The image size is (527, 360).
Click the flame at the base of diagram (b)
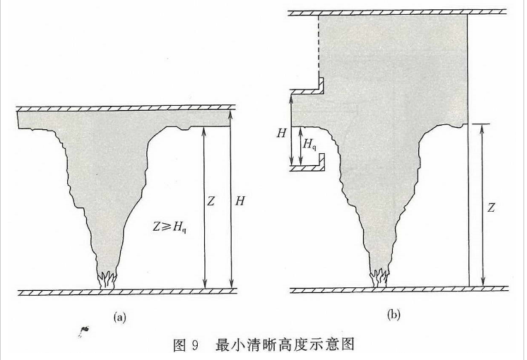[x=380, y=277]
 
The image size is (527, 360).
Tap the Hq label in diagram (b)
[x=309, y=144]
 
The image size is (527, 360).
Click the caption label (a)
[x=119, y=317]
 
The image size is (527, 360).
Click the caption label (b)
[x=393, y=314]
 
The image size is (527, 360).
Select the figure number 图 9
[x=184, y=345]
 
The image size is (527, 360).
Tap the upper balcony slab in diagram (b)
[x=307, y=90]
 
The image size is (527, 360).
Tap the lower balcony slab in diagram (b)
[x=307, y=168]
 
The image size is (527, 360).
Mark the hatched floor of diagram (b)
[x=399, y=289]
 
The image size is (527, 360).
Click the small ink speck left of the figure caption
[x=85, y=329]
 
